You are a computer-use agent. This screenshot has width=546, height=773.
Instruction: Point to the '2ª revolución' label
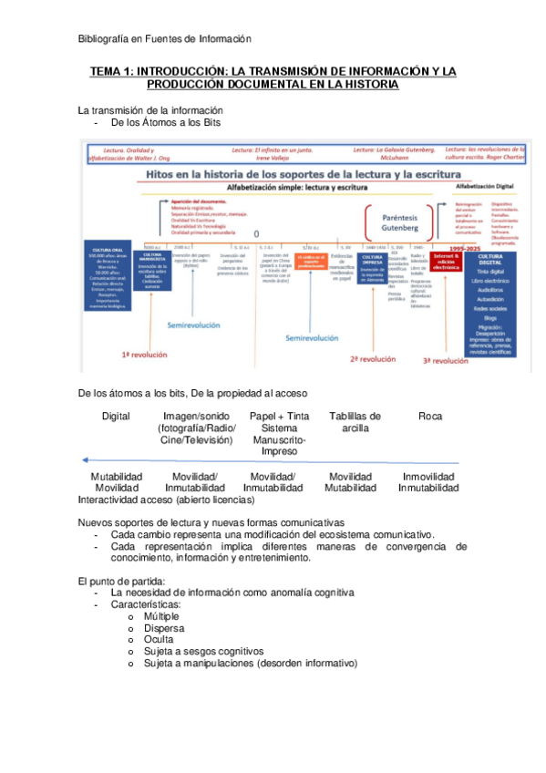tap(372, 358)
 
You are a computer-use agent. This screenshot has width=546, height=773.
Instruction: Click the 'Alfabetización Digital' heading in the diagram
tap(489, 185)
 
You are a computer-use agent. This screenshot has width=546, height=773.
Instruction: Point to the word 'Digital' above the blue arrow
tap(116, 417)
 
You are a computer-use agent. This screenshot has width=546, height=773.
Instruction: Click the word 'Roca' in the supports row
tap(430, 417)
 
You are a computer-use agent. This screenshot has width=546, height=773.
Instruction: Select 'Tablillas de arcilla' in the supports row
tap(355, 422)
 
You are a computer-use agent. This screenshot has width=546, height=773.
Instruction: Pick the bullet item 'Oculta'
tap(159, 640)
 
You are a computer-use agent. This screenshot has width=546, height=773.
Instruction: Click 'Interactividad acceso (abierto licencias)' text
tap(167, 500)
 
